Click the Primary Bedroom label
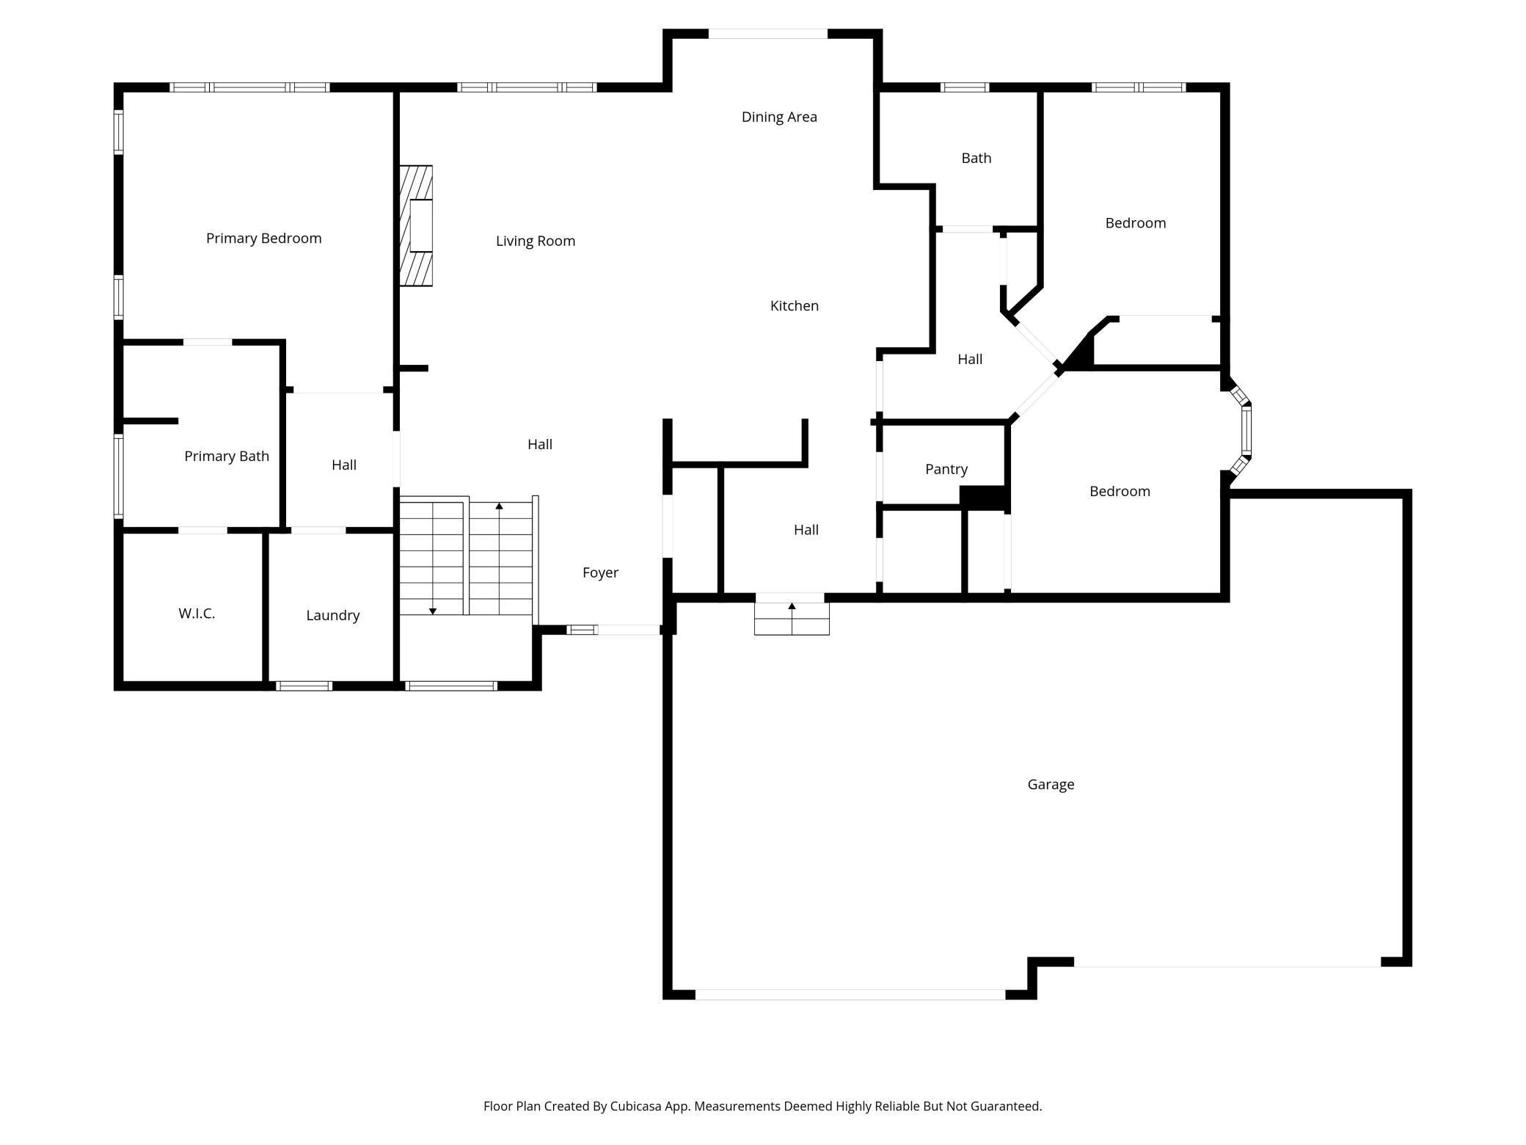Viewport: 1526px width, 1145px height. pyautogui.click(x=263, y=238)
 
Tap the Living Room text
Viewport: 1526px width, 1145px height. pyautogui.click(x=535, y=241)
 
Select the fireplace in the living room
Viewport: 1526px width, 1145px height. pyautogui.click(x=416, y=225)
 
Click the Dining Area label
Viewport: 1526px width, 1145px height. pyautogui.click(x=778, y=117)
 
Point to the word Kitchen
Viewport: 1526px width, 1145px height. pyautogui.click(x=794, y=305)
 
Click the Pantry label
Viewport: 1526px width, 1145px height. pyautogui.click(x=946, y=469)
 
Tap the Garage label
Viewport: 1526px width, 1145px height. pyautogui.click(x=1050, y=784)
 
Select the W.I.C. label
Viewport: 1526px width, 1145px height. pyautogui.click(x=197, y=613)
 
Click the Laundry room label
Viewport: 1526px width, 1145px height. pyautogui.click(x=332, y=615)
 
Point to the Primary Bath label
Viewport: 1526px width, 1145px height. pyautogui.click(x=226, y=456)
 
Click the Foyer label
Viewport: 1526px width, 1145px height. pyautogui.click(x=600, y=572)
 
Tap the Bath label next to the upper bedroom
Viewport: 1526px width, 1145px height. pyautogui.click(x=976, y=158)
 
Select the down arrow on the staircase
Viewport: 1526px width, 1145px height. pyautogui.click(x=433, y=611)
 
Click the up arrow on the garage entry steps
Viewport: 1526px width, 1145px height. pyautogui.click(x=792, y=606)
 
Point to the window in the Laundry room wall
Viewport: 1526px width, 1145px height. pyautogui.click(x=304, y=686)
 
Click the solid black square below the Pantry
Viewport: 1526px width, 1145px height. pyautogui.click(x=983, y=496)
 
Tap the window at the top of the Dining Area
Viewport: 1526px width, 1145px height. pyautogui.click(x=767, y=34)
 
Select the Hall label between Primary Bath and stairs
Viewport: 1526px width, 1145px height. pyautogui.click(x=343, y=465)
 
